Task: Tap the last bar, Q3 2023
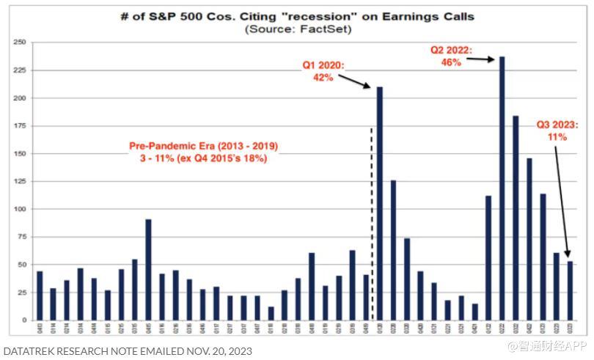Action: pyautogui.click(x=570, y=290)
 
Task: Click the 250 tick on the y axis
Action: pyautogui.click(x=19, y=43)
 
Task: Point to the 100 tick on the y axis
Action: pyautogui.click(x=19, y=209)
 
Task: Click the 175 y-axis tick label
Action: pyautogui.click(x=19, y=126)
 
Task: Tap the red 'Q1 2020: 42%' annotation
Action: pyautogui.click(x=323, y=71)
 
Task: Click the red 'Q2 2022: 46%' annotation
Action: pyautogui.click(x=451, y=56)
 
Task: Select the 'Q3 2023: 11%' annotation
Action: pyautogui.click(x=557, y=130)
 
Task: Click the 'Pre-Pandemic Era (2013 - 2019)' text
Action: pyautogui.click(x=204, y=146)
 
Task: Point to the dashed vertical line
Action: pyautogui.click(x=371, y=220)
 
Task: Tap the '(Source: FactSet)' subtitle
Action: pyautogui.click(x=298, y=29)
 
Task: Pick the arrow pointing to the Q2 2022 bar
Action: pyautogui.click(x=481, y=59)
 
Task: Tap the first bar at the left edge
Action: pyautogui.click(x=40, y=295)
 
